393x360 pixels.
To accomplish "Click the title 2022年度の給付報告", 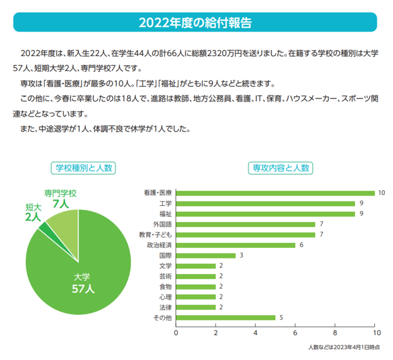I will (x=195, y=22).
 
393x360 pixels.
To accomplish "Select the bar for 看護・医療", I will (x=275, y=193).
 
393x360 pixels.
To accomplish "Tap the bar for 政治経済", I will (x=235, y=245).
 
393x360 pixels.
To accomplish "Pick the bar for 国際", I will (x=206, y=255).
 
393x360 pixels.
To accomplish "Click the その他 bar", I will (x=225, y=318).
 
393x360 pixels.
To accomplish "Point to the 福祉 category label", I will (x=166, y=214).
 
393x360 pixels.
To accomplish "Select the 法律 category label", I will (x=166, y=308).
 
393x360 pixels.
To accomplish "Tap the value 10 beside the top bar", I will (x=381, y=193).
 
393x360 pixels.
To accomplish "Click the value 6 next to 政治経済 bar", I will (x=302, y=245).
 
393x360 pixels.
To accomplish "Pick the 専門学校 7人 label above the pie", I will (x=60, y=198).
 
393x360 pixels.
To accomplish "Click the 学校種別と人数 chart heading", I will (x=83, y=168).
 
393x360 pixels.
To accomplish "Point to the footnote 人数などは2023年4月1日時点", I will (x=344, y=347).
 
